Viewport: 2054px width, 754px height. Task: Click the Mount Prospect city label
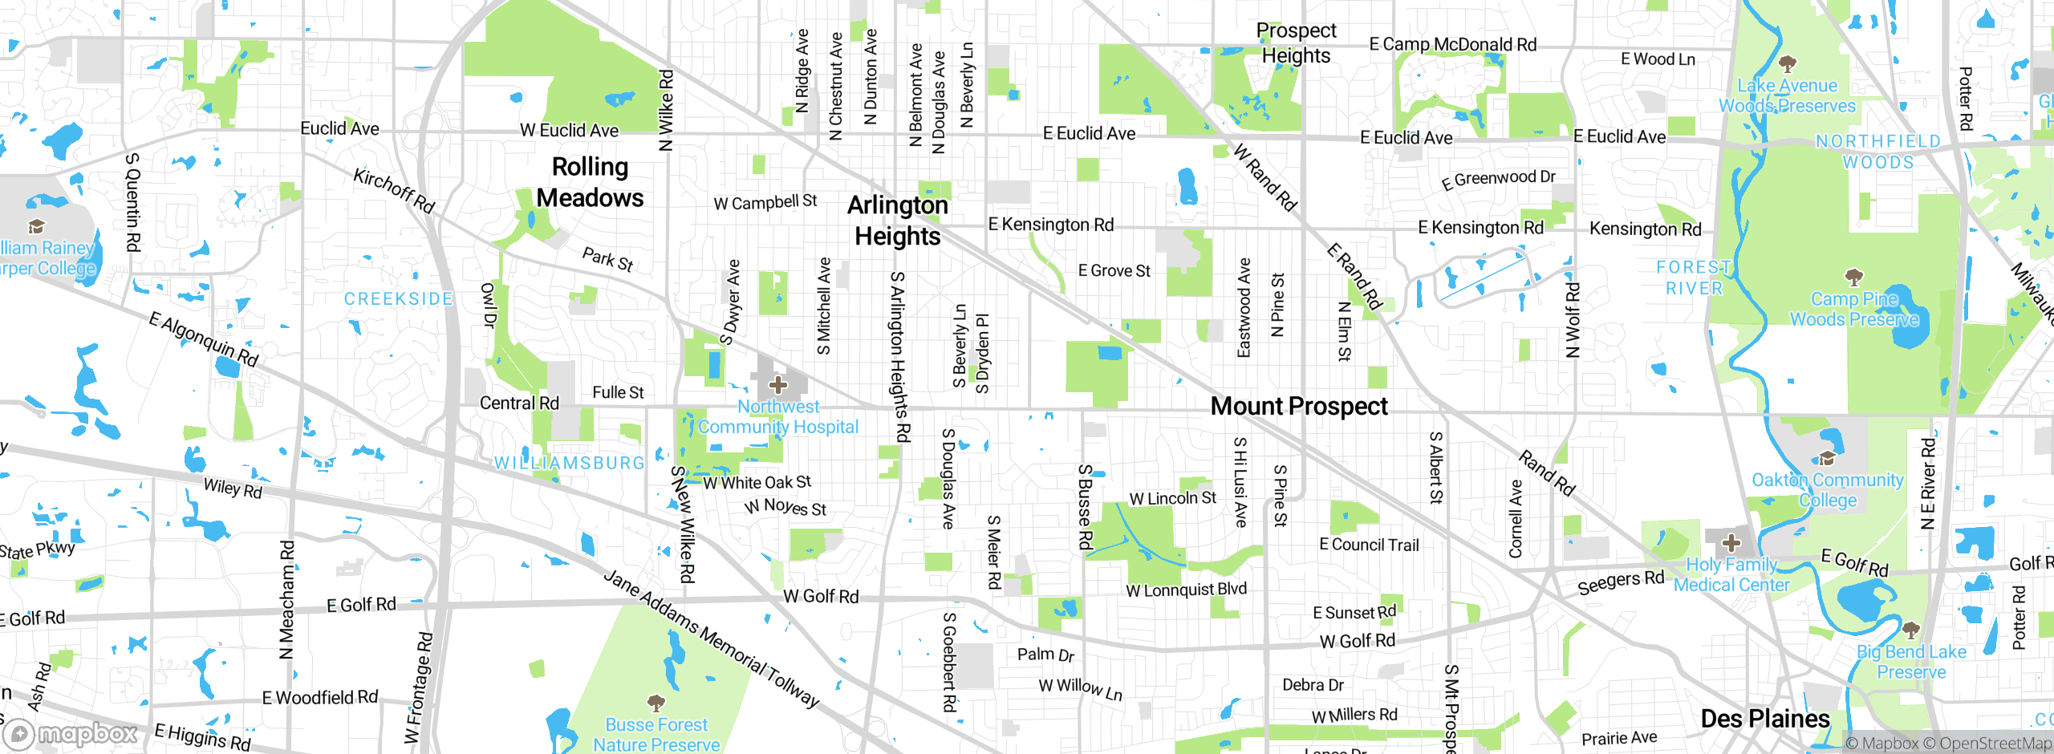click(1299, 407)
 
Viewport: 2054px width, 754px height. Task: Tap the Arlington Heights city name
click(898, 221)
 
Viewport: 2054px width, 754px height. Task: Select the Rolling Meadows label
click(590, 182)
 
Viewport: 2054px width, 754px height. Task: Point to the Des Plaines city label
click(1765, 718)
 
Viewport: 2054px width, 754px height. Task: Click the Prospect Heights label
click(1296, 43)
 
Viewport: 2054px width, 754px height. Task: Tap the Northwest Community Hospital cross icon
click(777, 385)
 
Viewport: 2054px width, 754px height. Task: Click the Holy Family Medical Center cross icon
click(1731, 543)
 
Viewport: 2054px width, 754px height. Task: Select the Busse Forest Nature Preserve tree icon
click(656, 703)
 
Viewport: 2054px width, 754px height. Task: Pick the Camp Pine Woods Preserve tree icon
click(1853, 278)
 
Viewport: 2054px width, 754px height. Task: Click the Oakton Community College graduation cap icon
click(1827, 458)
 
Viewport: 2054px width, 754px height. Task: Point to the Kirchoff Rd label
click(394, 191)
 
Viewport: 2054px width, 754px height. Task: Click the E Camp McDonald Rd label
click(1452, 45)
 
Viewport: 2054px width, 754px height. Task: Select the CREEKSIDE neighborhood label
click(398, 299)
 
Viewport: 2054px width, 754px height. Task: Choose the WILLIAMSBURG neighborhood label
click(569, 464)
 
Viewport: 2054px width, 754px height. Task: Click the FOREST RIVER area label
click(1694, 278)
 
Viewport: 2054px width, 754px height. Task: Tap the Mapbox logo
click(72, 733)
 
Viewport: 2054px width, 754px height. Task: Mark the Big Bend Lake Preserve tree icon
click(1910, 630)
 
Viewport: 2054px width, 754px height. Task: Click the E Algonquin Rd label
click(204, 340)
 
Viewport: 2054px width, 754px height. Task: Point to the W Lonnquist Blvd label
click(1186, 590)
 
